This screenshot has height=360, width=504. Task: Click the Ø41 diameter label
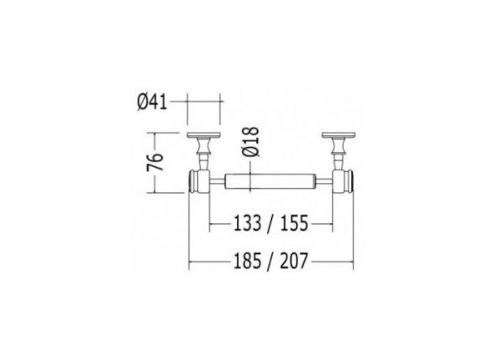(152, 102)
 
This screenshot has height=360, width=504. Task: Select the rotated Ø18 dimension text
(249, 145)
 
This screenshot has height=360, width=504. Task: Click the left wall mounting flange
(203, 137)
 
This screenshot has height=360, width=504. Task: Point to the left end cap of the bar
(197, 180)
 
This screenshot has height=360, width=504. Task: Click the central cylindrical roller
(270, 180)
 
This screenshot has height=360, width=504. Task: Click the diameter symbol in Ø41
(142, 102)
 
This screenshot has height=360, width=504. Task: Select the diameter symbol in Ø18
(249, 156)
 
